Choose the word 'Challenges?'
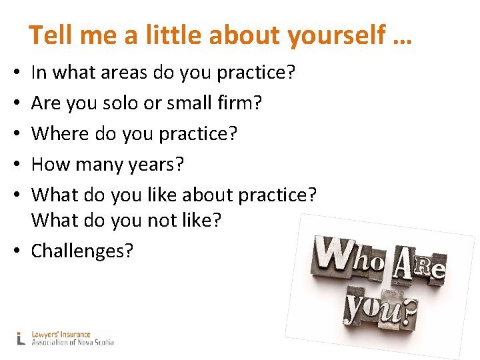pos(82,251)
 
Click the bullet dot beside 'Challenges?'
pos(21,252)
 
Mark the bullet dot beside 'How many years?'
pos(21,165)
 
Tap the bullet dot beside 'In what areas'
pos(21,73)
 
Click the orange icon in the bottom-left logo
pos(21,338)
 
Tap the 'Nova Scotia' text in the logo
pos(93,343)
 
